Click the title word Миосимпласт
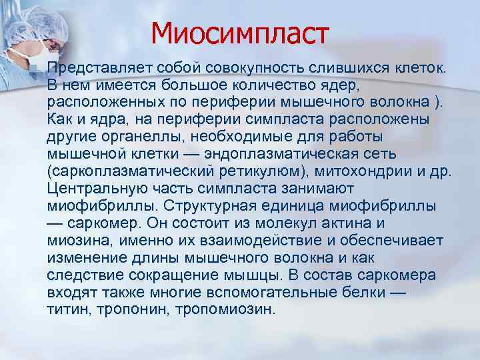coord(240,33)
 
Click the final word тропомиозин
coord(220,310)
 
